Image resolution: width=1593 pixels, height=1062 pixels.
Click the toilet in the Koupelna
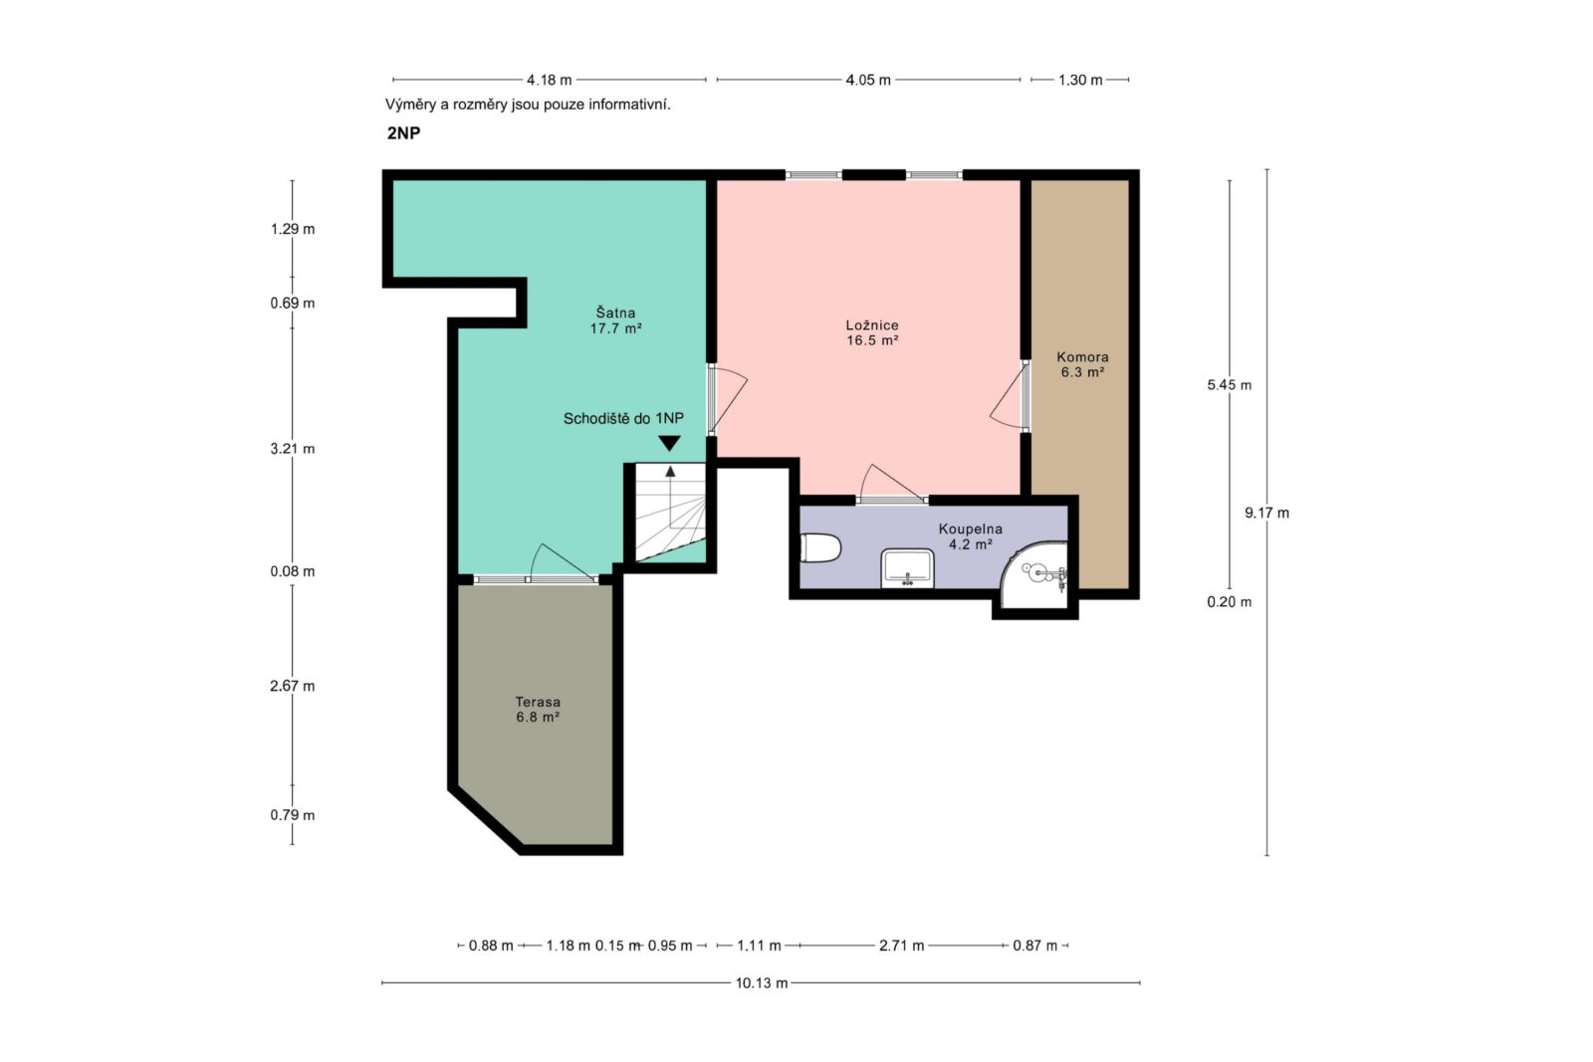pyautogui.click(x=820, y=548)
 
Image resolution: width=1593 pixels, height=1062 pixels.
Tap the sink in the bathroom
pyautogui.click(x=907, y=568)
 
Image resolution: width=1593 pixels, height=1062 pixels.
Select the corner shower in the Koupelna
pyautogui.click(x=1034, y=575)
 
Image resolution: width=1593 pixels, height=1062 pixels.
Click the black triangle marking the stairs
pyautogui.click(x=669, y=443)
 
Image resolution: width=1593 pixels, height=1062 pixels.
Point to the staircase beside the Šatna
pyautogui.click(x=670, y=513)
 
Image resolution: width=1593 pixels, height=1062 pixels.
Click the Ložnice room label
pyautogui.click(x=872, y=332)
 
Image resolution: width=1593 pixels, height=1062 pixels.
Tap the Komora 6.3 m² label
pyautogui.click(x=1082, y=364)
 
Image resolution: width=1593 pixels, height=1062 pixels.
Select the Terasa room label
pyautogui.click(x=538, y=710)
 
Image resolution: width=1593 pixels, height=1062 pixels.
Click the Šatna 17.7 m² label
pyautogui.click(x=616, y=319)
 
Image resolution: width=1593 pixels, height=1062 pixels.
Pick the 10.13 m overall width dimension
pyautogui.click(x=761, y=983)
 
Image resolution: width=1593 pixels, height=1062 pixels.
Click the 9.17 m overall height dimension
pyautogui.click(x=1266, y=513)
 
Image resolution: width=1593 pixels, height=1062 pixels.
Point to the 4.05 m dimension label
pyautogui.click(x=868, y=80)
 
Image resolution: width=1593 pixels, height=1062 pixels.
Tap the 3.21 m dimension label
pyautogui.click(x=293, y=449)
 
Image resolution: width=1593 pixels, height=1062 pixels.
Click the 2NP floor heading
pyautogui.click(x=404, y=133)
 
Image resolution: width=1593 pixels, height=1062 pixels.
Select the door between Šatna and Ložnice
pyautogui.click(x=726, y=399)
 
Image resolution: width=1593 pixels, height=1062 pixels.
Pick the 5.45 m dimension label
pyautogui.click(x=1229, y=384)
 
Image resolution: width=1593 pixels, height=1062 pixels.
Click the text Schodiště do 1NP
pyautogui.click(x=623, y=419)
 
